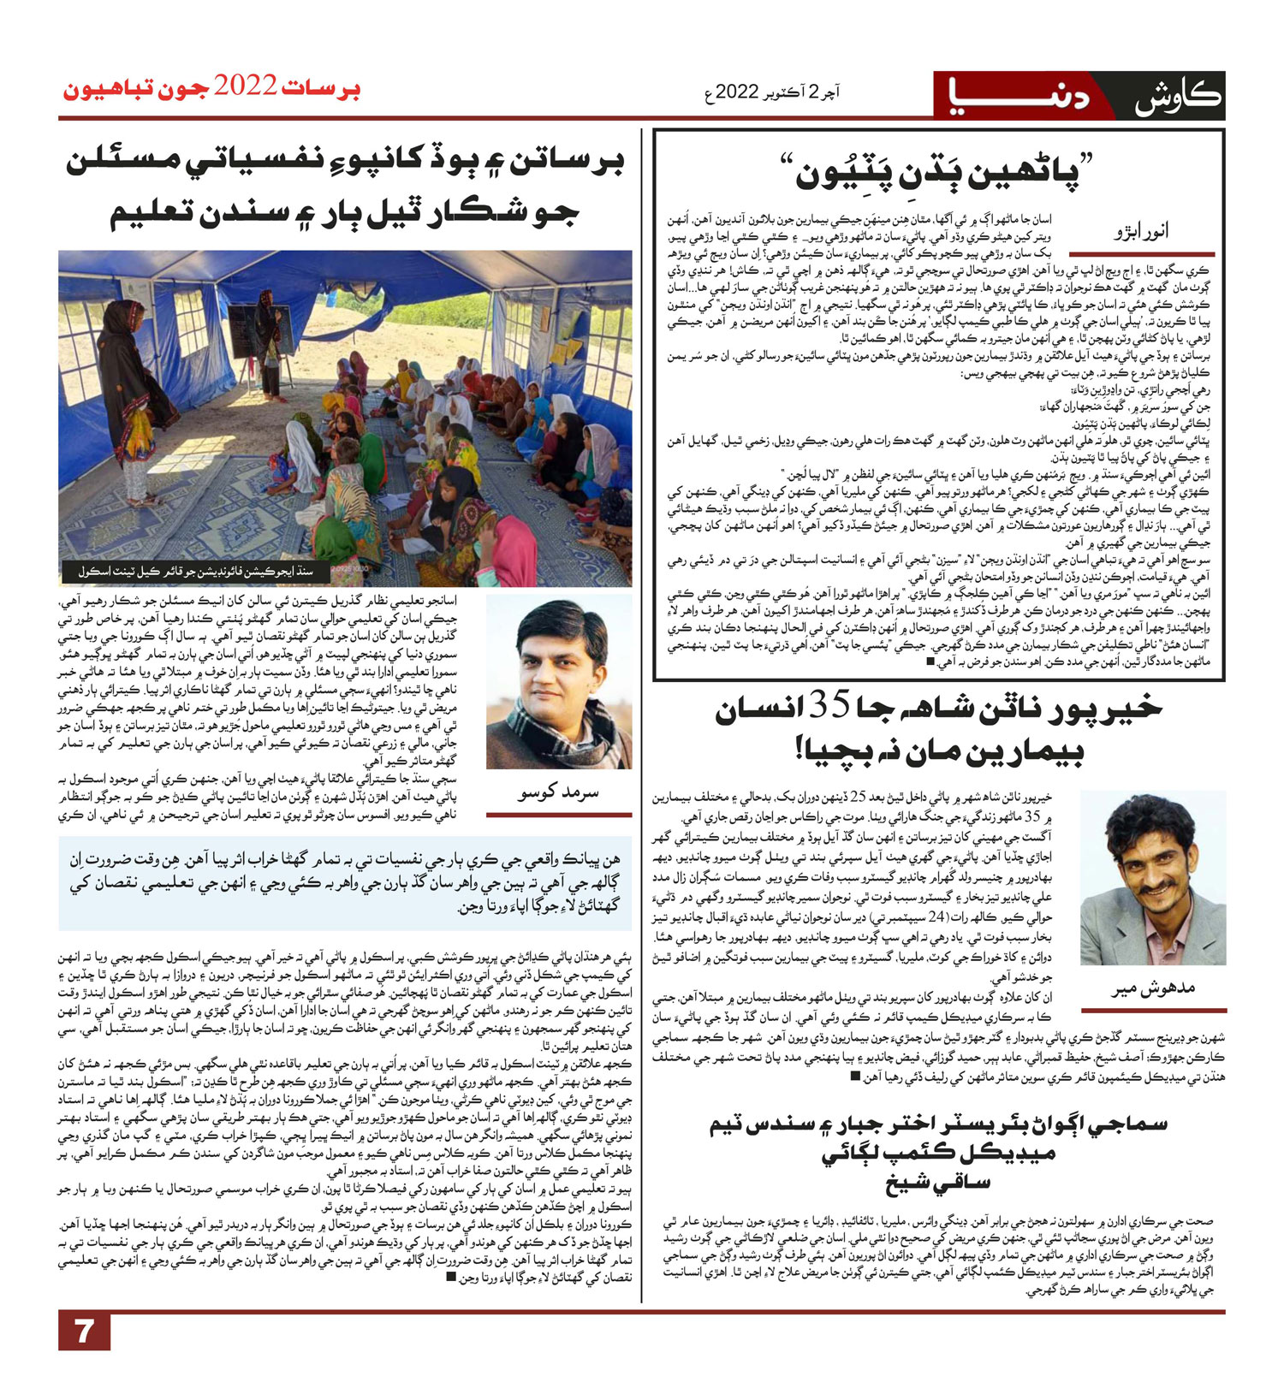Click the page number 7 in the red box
click(x=84, y=1332)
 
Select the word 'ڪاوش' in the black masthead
click(x=1178, y=96)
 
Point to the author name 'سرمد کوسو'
click(x=558, y=792)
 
